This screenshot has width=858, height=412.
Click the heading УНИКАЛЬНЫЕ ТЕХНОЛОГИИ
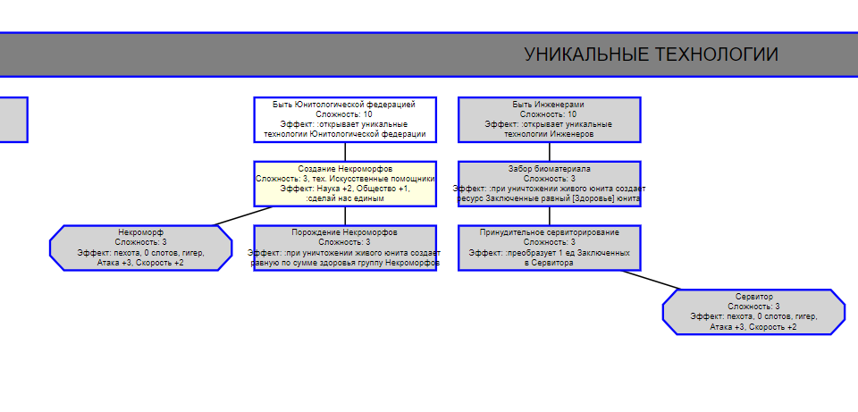coord(651,55)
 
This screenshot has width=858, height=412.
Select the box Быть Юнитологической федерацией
coord(345,120)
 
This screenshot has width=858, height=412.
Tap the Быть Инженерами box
coord(549,120)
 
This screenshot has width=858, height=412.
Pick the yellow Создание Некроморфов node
coord(345,183)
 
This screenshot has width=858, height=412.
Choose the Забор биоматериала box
coord(549,183)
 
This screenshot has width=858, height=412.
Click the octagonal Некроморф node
coord(140,248)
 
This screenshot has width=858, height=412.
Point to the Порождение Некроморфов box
coord(345,248)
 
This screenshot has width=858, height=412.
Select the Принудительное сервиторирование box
coord(549,248)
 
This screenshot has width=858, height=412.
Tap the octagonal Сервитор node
coord(753,312)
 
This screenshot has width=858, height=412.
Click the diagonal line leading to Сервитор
coord(651,280)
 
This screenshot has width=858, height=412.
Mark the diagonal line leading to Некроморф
coord(243,215)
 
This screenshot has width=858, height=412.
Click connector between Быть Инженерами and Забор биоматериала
coord(550,152)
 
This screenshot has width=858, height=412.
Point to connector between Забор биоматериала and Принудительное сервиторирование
coord(550,215)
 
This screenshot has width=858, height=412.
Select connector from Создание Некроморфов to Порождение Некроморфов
coord(345,215)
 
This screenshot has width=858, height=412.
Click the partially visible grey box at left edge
coord(13,120)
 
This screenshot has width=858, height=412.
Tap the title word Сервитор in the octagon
coord(754,297)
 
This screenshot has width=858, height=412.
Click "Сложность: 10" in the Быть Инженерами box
coord(549,114)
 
